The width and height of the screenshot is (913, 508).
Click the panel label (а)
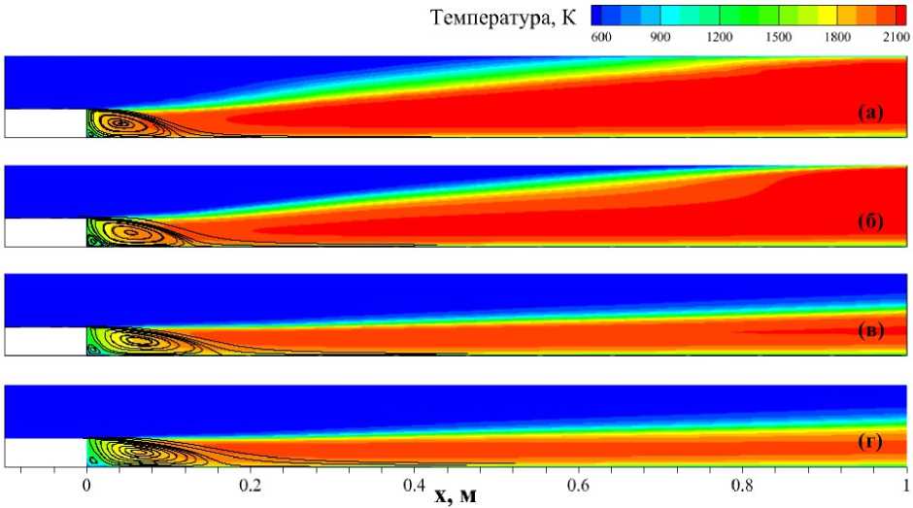coord(869,114)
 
